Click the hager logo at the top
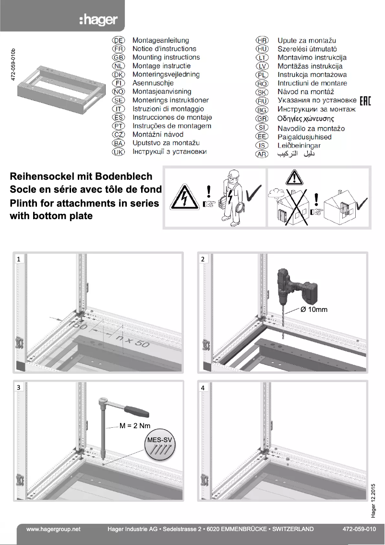98,20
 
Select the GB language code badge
118,58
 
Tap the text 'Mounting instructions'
166,58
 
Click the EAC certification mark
365,100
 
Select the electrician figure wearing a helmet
232,197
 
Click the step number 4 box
203,387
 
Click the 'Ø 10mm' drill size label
313,310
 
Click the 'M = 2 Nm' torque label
135,426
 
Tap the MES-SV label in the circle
159,440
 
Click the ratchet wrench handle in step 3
136,410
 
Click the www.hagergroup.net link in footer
53,529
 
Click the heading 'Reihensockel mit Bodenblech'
81,177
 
